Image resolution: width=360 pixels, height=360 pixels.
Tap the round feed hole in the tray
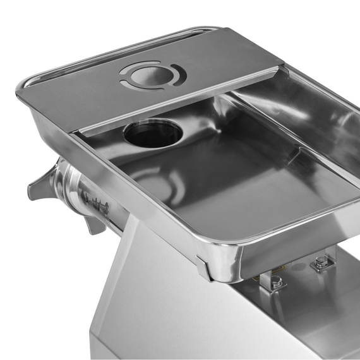153,132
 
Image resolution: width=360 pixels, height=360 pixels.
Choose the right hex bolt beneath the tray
321,262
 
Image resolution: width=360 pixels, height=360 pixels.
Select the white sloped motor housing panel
164,303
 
